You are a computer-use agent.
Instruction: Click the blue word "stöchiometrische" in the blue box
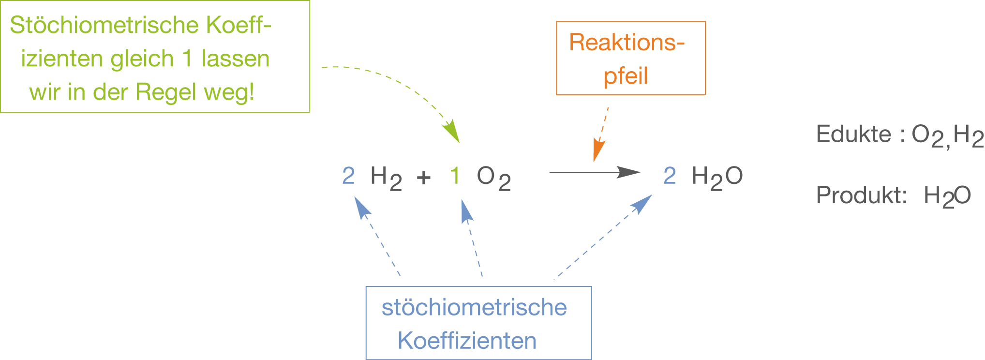(474, 308)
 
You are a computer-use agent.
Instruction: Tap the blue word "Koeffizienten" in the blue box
(467, 341)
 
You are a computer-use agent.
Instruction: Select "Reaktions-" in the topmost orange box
(627, 43)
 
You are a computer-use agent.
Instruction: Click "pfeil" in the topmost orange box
(626, 76)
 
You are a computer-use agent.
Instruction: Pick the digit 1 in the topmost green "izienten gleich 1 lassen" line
(187, 59)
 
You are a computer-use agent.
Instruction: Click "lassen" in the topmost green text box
(236, 59)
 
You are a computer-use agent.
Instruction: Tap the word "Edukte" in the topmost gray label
(853, 134)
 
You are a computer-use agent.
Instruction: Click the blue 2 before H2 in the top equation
(348, 176)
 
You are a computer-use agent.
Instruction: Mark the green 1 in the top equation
(455, 176)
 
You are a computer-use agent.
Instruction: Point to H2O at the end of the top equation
(717, 177)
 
